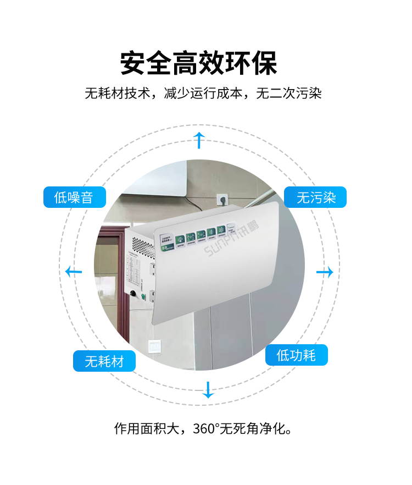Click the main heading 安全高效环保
(x=199, y=63)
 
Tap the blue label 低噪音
(x=74, y=197)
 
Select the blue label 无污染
(x=315, y=197)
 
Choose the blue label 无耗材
(x=104, y=361)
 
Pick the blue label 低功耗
(x=297, y=355)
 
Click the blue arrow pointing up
(x=199, y=140)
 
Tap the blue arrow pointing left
(x=73, y=271)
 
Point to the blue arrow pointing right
(x=325, y=272)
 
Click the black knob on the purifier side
(x=133, y=293)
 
